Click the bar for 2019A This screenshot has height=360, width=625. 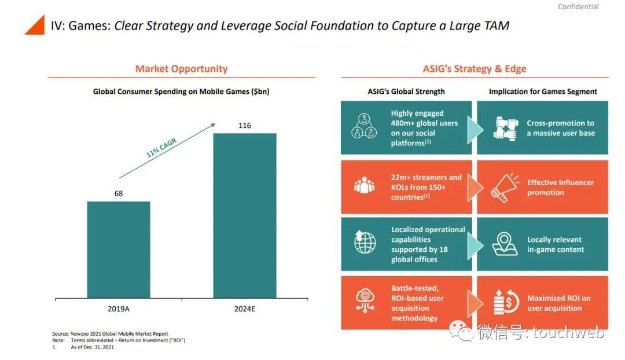click(119, 249)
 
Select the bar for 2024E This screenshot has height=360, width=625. click(245, 215)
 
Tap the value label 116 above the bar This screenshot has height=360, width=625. click(245, 126)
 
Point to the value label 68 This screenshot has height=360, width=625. click(119, 193)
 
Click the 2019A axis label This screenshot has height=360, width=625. click(119, 309)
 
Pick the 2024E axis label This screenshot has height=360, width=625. click(245, 309)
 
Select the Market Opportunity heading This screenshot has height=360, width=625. click(181, 69)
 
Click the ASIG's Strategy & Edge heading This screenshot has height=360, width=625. click(475, 69)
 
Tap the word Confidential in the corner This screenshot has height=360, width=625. click(578, 7)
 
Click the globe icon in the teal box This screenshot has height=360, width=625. click(365, 243)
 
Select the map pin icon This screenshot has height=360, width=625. click(505, 244)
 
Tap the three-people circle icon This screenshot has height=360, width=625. click(365, 127)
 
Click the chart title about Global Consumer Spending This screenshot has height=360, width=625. click(181, 91)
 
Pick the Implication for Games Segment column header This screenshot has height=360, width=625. click(543, 91)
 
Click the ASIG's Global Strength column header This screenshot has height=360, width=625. click(406, 91)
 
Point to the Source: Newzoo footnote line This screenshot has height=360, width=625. click(110, 334)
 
